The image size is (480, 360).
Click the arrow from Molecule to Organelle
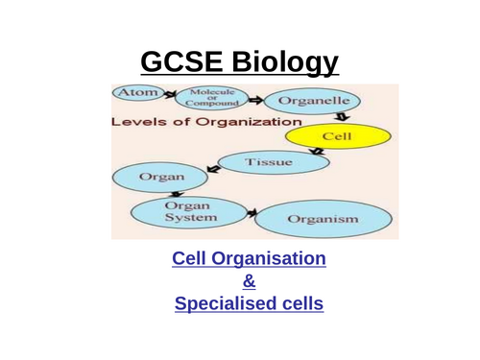pos(256,98)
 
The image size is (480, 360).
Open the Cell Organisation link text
pos(249,259)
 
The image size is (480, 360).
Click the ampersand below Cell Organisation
pos(249,282)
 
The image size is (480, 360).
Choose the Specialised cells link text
pos(249,304)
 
